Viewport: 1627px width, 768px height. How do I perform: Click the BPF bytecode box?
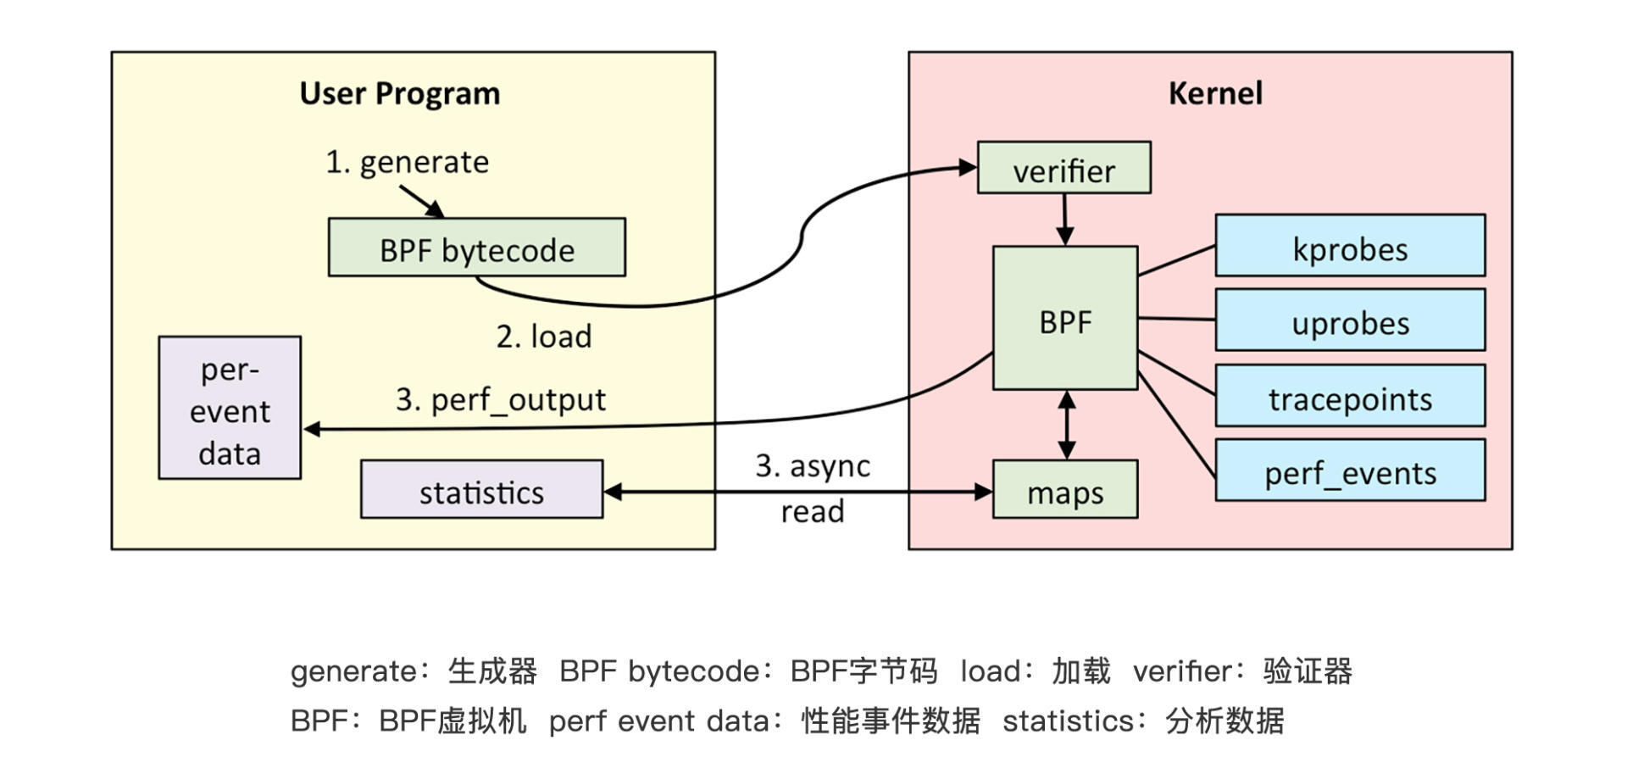tap(476, 248)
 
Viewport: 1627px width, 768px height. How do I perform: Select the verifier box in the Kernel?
tap(1063, 168)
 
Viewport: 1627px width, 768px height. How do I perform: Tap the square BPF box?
tap(1064, 319)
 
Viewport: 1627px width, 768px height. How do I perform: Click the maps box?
tap(1064, 490)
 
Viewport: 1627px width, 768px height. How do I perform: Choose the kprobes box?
tap(1349, 246)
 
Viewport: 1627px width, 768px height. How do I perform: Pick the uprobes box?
tap(1349, 320)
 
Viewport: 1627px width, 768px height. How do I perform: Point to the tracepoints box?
tap(1349, 396)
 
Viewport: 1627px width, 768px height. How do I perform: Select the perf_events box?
tap(1349, 470)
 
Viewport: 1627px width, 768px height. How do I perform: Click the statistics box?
tap(481, 490)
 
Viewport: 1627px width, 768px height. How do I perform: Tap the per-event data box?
tap(230, 409)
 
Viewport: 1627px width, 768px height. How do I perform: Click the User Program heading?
tap(399, 93)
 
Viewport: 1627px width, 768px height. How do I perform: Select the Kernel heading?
tap(1215, 93)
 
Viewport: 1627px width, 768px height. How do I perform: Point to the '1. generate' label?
tap(407, 161)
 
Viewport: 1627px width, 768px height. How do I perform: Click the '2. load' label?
tap(544, 337)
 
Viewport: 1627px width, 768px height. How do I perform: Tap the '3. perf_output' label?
tap(500, 399)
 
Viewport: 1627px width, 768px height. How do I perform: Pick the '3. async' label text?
tap(813, 466)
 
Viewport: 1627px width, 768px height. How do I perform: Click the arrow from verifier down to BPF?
tap(1064, 219)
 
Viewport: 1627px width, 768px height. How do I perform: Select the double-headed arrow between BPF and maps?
tap(1066, 425)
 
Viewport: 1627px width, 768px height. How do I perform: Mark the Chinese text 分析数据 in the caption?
tap(1224, 721)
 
